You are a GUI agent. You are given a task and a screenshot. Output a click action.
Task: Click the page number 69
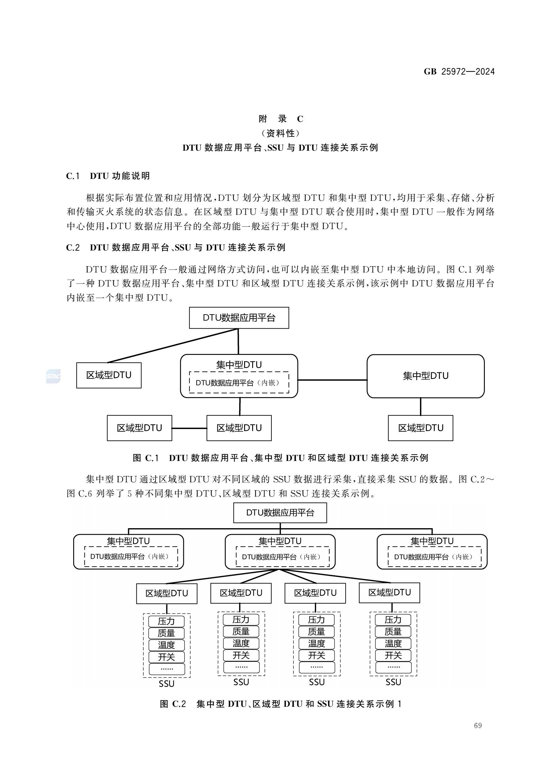coord(478,725)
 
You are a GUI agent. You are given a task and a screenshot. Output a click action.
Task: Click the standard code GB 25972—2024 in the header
coord(459,72)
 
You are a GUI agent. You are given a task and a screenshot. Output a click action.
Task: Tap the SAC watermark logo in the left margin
coord(53,376)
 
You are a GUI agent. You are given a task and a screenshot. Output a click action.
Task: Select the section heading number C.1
coord(73,176)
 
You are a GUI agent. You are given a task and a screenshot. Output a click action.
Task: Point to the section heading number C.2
coord(73,248)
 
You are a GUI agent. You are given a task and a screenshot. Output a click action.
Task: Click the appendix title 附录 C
coord(281,119)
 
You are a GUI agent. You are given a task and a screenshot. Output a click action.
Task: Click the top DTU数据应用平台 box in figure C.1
coord(239,318)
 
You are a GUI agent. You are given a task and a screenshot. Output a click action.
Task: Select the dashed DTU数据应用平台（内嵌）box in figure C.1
coord(239,383)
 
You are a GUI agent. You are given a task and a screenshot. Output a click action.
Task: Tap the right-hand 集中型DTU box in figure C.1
coord(425,376)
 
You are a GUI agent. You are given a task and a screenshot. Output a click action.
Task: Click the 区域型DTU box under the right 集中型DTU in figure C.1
coord(420,428)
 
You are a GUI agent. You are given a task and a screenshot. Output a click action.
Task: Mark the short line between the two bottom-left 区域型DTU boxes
coord(189,428)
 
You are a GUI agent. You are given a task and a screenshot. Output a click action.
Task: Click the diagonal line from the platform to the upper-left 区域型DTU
coord(172,345)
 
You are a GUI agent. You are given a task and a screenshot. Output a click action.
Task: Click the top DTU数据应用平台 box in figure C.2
coord(280,513)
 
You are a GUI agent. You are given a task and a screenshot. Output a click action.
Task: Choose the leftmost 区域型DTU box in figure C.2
coord(167,593)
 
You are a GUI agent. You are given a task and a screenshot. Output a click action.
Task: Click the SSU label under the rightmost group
coord(393,682)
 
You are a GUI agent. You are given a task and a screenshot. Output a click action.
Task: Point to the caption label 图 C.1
coord(146,458)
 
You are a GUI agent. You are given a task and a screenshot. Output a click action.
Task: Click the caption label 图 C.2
coord(173,704)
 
